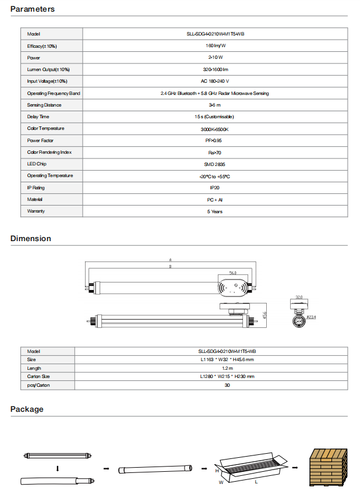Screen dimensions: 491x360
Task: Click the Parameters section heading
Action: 33,9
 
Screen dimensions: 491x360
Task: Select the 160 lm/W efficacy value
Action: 215,45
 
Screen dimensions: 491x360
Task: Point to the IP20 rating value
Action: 215,188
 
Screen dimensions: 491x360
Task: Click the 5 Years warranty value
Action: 215,211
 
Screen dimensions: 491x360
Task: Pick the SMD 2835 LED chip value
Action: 215,164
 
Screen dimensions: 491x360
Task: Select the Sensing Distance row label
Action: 44,105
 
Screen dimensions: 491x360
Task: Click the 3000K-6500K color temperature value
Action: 215,129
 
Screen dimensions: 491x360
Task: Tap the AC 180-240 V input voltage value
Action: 215,81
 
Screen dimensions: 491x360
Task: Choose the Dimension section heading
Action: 31,238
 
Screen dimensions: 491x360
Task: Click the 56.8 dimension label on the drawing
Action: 232,273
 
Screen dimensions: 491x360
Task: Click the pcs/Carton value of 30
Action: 227,386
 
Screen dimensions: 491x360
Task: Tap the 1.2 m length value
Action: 227,368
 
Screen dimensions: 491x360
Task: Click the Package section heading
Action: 27,409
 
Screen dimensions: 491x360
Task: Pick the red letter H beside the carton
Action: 216,469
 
